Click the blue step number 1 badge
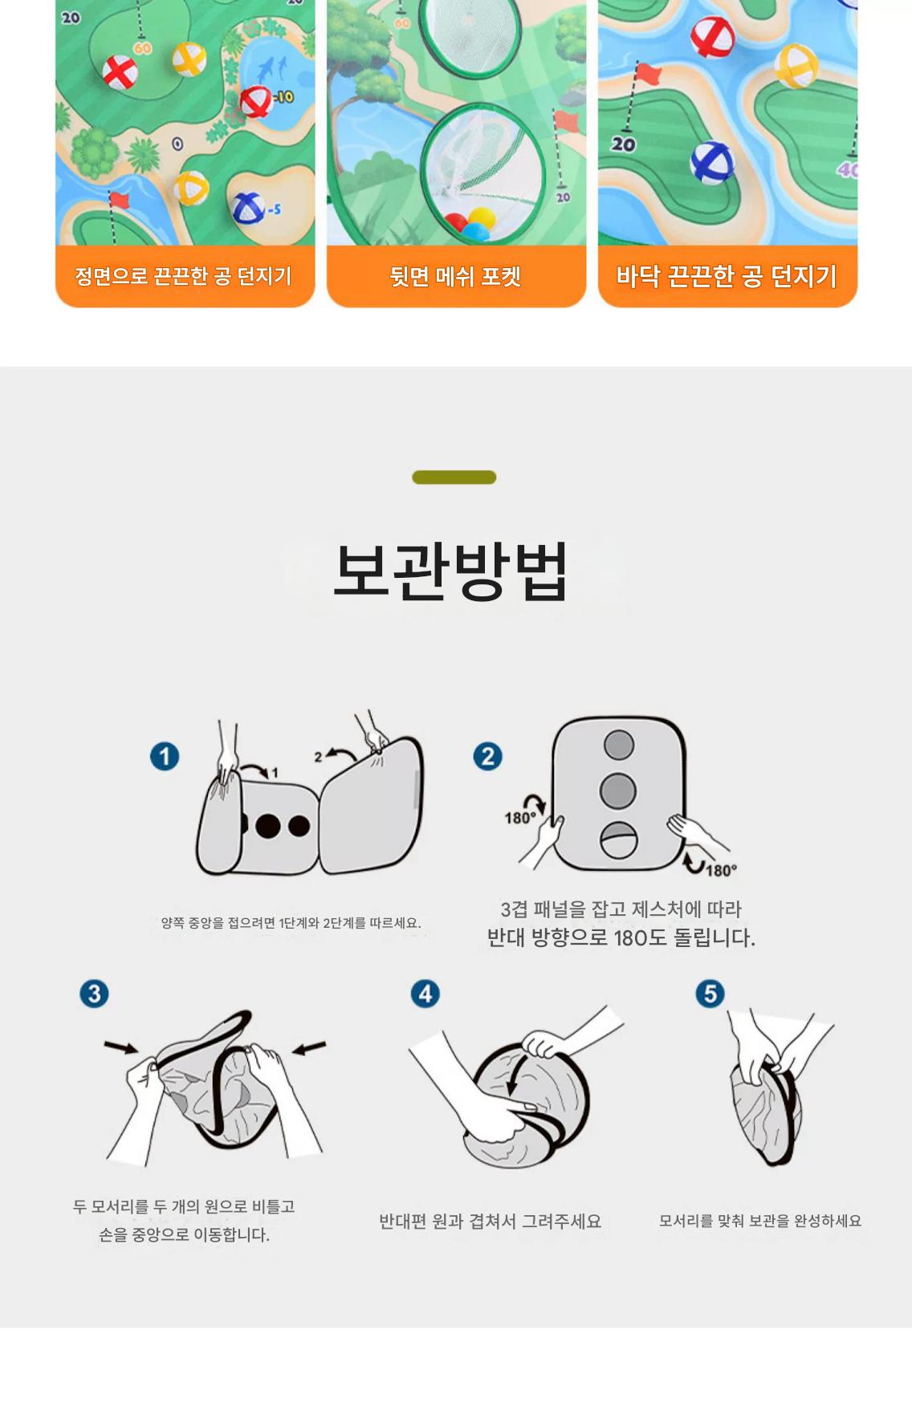point(165,756)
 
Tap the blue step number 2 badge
point(488,756)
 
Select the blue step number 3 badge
point(94,994)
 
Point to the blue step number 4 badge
point(425,994)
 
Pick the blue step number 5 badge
point(710,994)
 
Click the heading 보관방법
point(451,571)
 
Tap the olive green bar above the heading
point(454,478)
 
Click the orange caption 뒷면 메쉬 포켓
point(456,277)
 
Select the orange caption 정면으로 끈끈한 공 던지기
point(183,277)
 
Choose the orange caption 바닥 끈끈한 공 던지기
point(727,277)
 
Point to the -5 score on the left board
point(274,209)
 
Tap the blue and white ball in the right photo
point(711,162)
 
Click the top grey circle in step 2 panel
point(618,744)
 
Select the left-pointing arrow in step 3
point(309,1047)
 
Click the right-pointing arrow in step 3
point(121,1047)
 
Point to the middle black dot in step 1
point(269,825)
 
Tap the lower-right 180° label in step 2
point(721,870)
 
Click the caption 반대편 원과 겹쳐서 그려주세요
point(490,1221)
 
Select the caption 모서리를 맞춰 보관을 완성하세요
point(760,1221)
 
